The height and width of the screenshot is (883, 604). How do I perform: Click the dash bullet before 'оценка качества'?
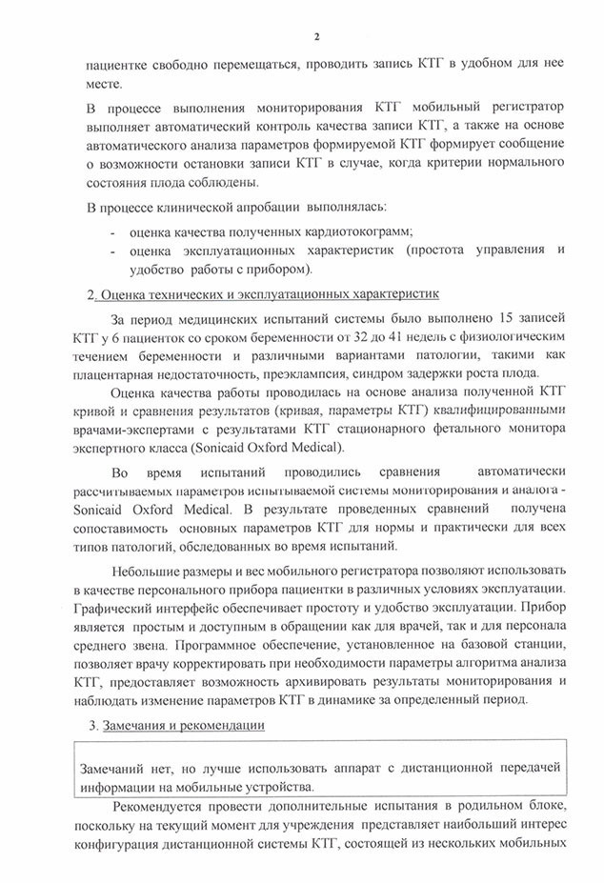point(113,231)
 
